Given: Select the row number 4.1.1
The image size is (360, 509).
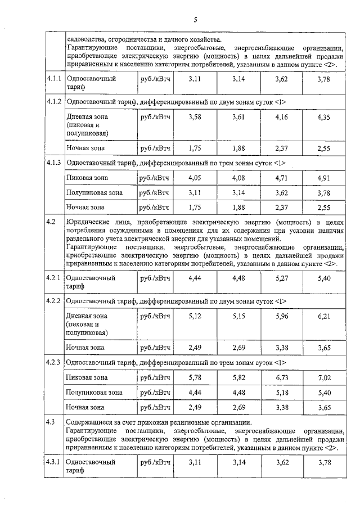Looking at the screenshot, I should tap(54, 80).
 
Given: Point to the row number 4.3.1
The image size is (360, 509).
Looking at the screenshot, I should tap(54, 462).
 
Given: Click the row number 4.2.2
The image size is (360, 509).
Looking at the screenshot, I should tap(54, 300).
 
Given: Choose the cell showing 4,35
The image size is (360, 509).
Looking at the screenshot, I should tap(323, 116).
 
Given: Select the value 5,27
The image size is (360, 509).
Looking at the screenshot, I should tap(281, 278).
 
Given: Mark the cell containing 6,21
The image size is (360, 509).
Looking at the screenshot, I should tap(323, 316).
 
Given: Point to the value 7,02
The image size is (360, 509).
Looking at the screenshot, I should tap(323, 377).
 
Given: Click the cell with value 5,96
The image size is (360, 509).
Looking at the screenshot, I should tap(281, 316).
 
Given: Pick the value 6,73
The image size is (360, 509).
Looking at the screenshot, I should tap(281, 377).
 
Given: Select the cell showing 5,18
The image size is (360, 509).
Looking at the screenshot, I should tap(281, 392).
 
